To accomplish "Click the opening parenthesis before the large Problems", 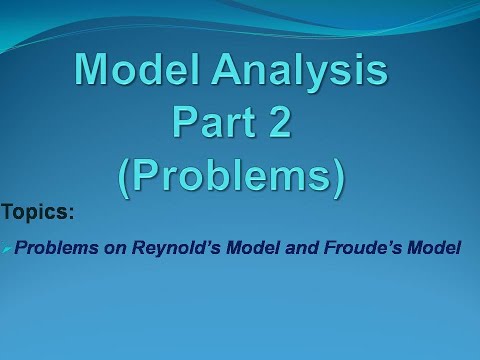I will pyautogui.click(x=127, y=175).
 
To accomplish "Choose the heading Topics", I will pyautogui.click(x=37, y=213).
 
